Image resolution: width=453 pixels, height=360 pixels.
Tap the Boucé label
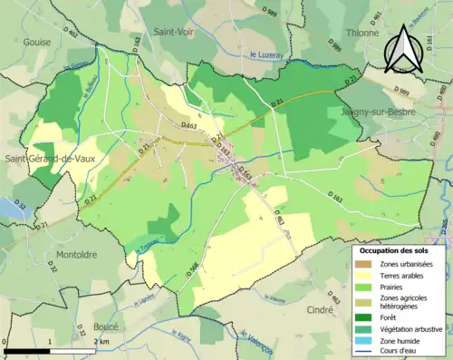107,326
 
